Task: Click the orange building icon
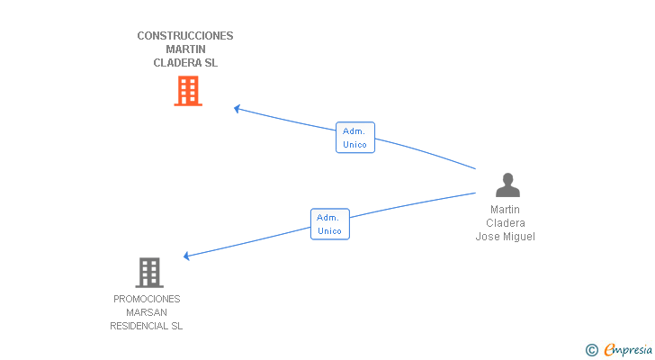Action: pos(188,91)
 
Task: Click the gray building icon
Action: pos(149,273)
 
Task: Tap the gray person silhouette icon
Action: pos(507,185)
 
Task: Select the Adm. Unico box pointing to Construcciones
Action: pos(355,138)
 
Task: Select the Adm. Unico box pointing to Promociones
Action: pos(330,224)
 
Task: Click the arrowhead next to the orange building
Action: pos(237,109)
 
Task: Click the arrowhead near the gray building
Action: pos(187,256)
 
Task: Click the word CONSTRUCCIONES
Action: pos(185,36)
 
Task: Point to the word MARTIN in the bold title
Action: pos(185,49)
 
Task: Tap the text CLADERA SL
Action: pos(185,63)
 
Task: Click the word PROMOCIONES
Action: pos(147,299)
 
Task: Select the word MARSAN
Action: pos(146,312)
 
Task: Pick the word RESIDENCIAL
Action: pos(139,326)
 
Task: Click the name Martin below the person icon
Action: pos(505,209)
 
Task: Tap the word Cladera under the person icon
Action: pos(505,223)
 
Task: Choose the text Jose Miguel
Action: pos(505,237)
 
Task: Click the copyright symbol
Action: pos(591,350)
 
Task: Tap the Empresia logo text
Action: pos(628,349)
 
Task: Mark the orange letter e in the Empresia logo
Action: pos(609,349)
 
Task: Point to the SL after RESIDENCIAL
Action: pos(176,326)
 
